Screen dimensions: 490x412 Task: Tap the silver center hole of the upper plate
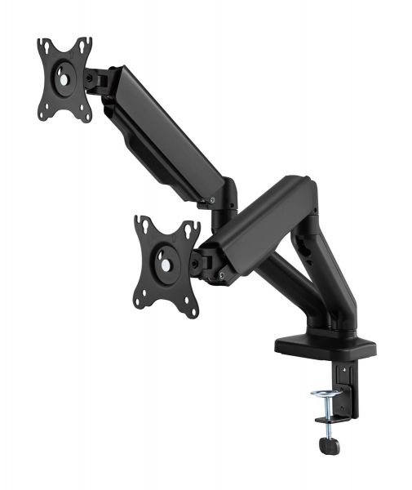(62, 80)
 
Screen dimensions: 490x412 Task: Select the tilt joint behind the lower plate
(199, 261)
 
